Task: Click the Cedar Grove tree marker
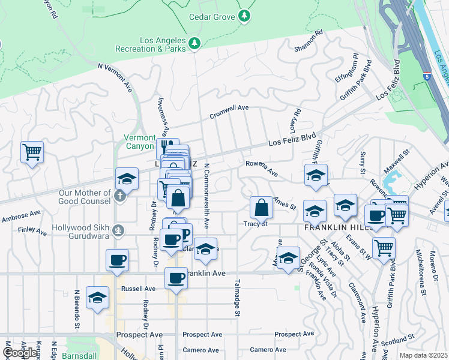(x=244, y=17)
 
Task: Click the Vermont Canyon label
(x=139, y=142)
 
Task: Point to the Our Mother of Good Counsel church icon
(x=119, y=195)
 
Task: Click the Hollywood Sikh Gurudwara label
(x=90, y=228)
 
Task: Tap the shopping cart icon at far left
(x=32, y=152)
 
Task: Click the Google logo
(x=20, y=353)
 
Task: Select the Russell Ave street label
(x=138, y=289)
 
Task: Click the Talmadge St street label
(x=238, y=297)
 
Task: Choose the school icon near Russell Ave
(x=97, y=298)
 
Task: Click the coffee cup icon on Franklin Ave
(x=176, y=278)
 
